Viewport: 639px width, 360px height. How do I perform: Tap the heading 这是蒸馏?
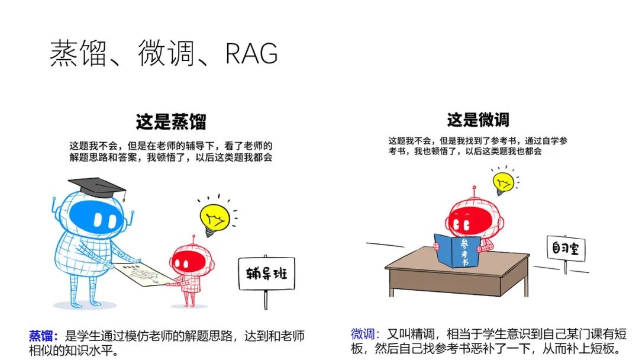click(171, 123)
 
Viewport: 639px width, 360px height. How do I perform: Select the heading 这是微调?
click(478, 120)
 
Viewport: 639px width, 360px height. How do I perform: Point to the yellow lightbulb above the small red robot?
click(214, 217)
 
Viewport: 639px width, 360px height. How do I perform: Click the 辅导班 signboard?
click(266, 274)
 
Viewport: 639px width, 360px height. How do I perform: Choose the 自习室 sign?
click(566, 249)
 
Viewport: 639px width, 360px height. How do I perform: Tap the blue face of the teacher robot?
click(93, 218)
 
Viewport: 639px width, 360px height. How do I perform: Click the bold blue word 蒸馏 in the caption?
click(41, 336)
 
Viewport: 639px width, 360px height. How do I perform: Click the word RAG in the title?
click(251, 53)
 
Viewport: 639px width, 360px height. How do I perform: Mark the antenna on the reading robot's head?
click(473, 191)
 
